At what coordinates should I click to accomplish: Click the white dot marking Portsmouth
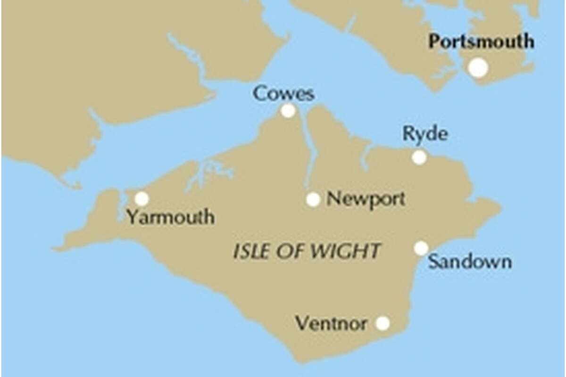[x=478, y=68]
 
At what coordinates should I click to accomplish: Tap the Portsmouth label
[x=481, y=41]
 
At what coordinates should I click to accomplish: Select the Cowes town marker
[x=288, y=111]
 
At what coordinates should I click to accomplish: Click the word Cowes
[x=283, y=93]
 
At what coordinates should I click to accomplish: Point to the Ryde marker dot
[x=419, y=157]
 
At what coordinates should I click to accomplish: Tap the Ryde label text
[x=424, y=135]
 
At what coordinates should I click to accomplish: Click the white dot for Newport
[x=313, y=199]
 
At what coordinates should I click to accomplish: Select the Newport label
[x=366, y=199]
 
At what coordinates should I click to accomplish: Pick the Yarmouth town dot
[x=141, y=199]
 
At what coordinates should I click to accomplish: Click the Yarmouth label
[x=170, y=217]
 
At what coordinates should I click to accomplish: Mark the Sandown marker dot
[x=421, y=248]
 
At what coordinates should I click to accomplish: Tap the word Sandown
[x=470, y=262]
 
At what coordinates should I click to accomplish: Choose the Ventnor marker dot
[x=383, y=323]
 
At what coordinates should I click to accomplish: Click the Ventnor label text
[x=331, y=324]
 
